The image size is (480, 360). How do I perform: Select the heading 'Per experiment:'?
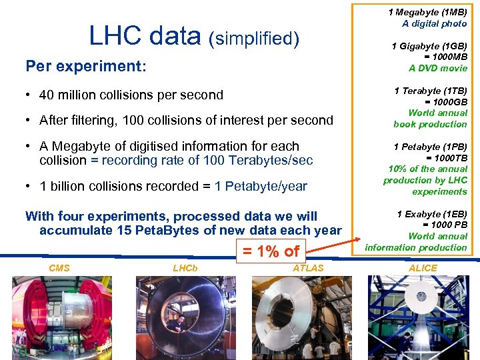pos(85,66)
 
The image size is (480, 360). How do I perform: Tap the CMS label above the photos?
pos(59,268)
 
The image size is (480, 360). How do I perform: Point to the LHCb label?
pos(185,268)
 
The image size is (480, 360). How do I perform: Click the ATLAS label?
pos(308,268)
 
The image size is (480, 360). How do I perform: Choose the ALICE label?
pos(423,268)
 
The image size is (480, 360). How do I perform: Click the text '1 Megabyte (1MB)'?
pos(428,12)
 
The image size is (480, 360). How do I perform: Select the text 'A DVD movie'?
pos(438,68)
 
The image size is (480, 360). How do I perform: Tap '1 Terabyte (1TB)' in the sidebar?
pos(431,91)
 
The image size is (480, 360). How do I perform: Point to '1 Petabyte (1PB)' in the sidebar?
pos(431,147)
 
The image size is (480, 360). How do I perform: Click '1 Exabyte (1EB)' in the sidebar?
pos(432,214)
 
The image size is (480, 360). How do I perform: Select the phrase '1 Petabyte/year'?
pos(261,187)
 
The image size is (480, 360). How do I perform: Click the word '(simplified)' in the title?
pos(254,39)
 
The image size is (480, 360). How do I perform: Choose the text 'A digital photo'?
pos(435,23)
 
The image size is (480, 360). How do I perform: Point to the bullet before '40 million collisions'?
pos(30,95)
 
